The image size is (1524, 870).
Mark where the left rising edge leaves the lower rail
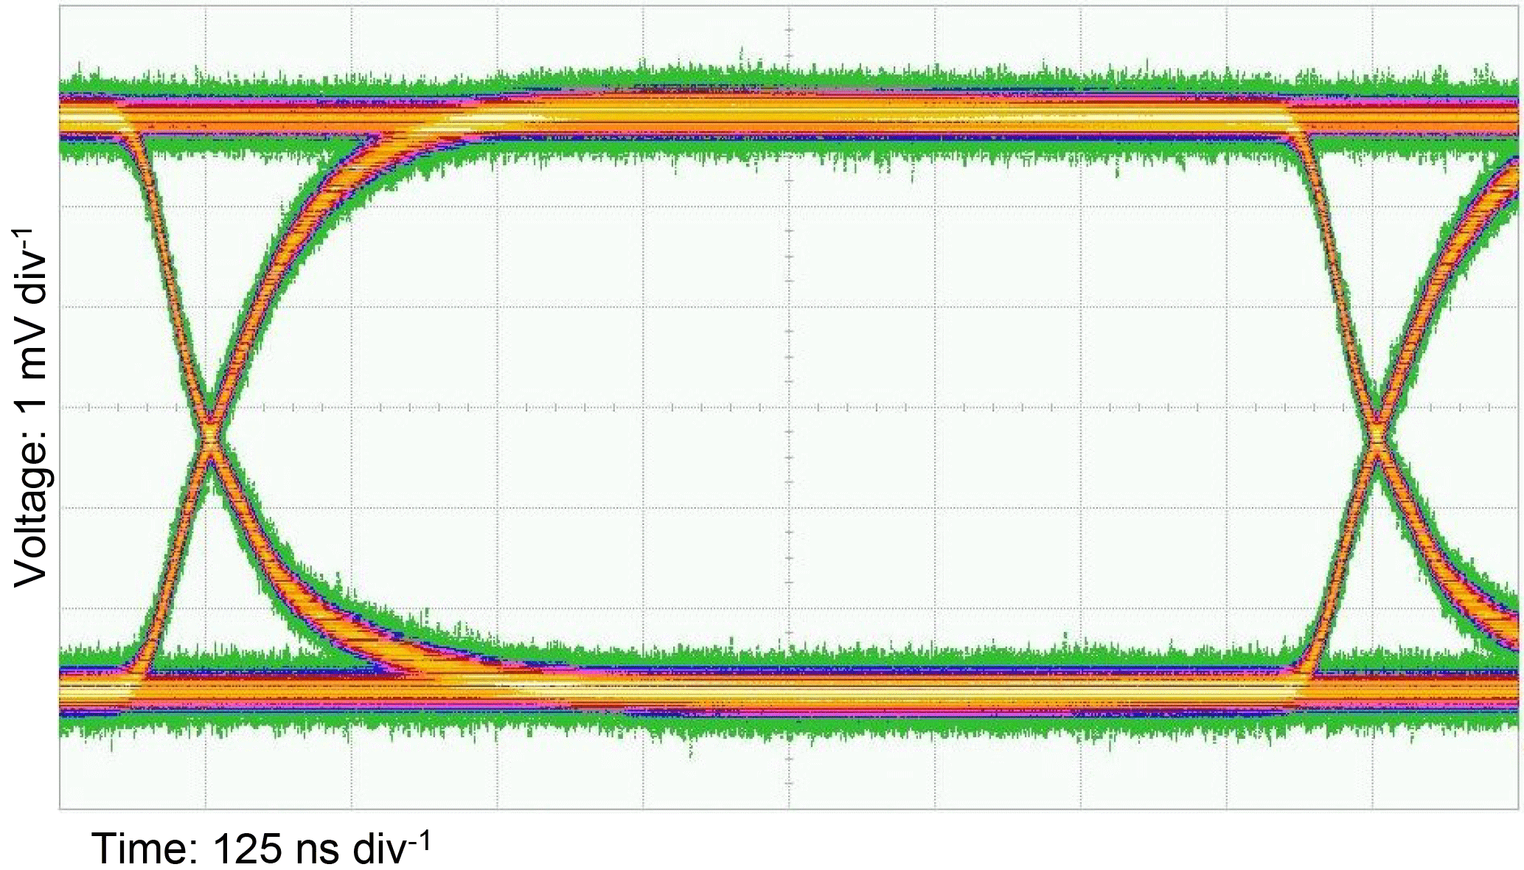(140, 667)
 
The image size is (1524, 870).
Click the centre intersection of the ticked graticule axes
(789, 407)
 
